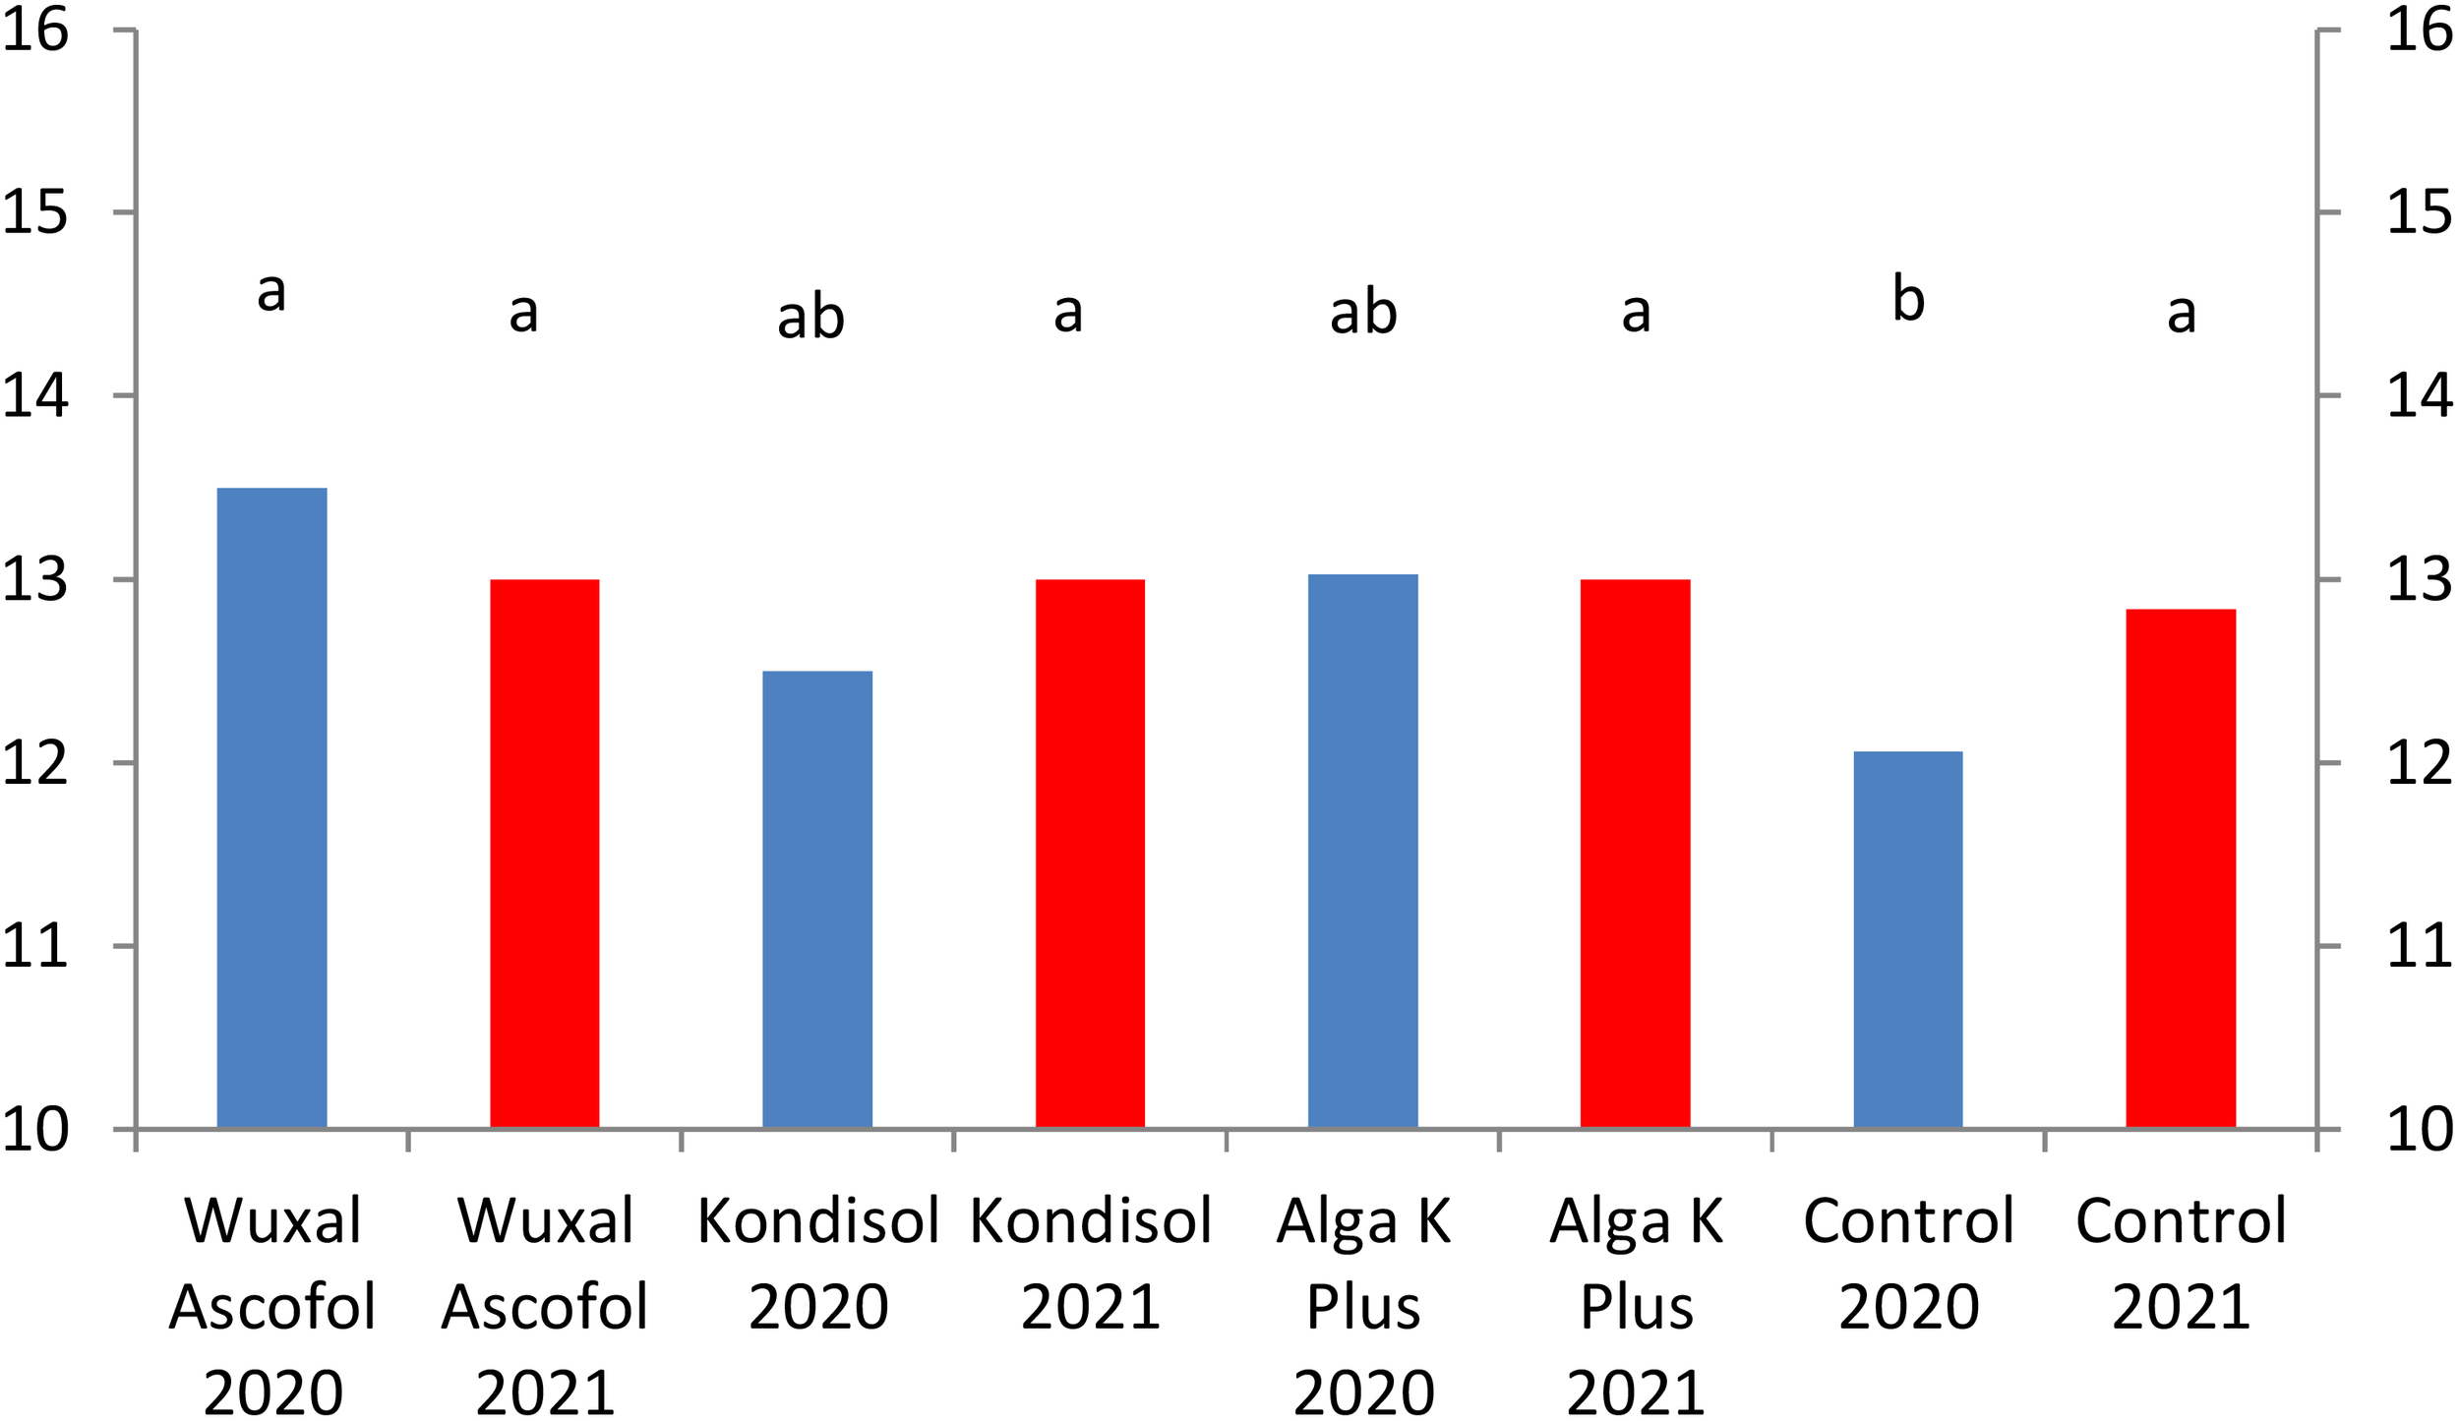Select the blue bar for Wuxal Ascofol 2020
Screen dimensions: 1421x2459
tap(271, 807)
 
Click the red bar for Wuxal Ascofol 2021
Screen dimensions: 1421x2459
tap(544, 854)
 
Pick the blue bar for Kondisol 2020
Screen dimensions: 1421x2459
tap(817, 899)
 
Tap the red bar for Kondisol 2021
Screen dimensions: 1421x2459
tap(1090, 854)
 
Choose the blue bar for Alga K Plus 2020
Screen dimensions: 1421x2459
tap(1362, 851)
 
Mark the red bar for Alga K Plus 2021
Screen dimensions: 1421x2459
tap(1635, 854)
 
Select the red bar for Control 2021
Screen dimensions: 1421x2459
tap(2181, 868)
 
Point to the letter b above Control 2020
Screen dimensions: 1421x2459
tap(1907, 299)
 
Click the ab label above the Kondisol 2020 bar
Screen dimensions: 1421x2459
tap(810, 317)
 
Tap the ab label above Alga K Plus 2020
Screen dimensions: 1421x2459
tap(1362, 313)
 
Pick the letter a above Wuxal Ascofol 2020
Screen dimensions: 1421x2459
tap(271, 291)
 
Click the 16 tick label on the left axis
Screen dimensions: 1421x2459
tap(35, 30)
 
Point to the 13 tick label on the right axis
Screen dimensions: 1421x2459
tap(2420, 579)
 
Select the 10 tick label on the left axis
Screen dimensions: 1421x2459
tap(35, 1129)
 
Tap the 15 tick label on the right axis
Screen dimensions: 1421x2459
tap(2420, 211)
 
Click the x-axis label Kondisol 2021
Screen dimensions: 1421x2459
tap(1090, 1263)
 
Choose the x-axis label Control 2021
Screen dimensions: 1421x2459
tap(2181, 1263)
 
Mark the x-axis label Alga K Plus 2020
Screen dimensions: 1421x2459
tap(1362, 1306)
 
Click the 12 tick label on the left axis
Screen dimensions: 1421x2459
tap(35, 762)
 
